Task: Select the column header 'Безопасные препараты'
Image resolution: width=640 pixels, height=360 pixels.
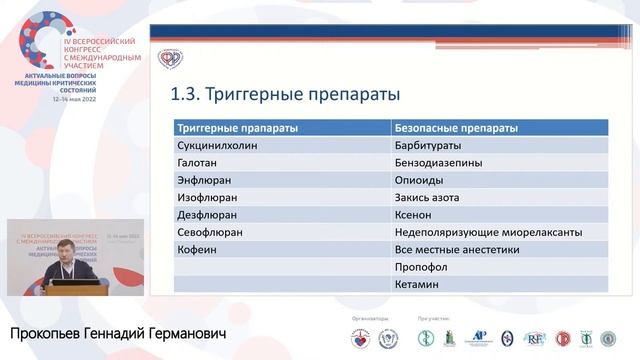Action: (456, 129)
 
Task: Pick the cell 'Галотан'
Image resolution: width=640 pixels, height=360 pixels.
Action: (198, 162)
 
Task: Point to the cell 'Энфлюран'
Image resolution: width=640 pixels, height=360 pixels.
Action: (204, 180)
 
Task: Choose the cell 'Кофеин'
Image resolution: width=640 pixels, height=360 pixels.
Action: (196, 249)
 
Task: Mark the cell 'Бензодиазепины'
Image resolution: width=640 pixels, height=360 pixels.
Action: (439, 162)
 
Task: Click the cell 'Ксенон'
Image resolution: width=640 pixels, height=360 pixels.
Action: (416, 214)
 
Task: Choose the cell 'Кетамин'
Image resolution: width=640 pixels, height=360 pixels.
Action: (419, 284)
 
